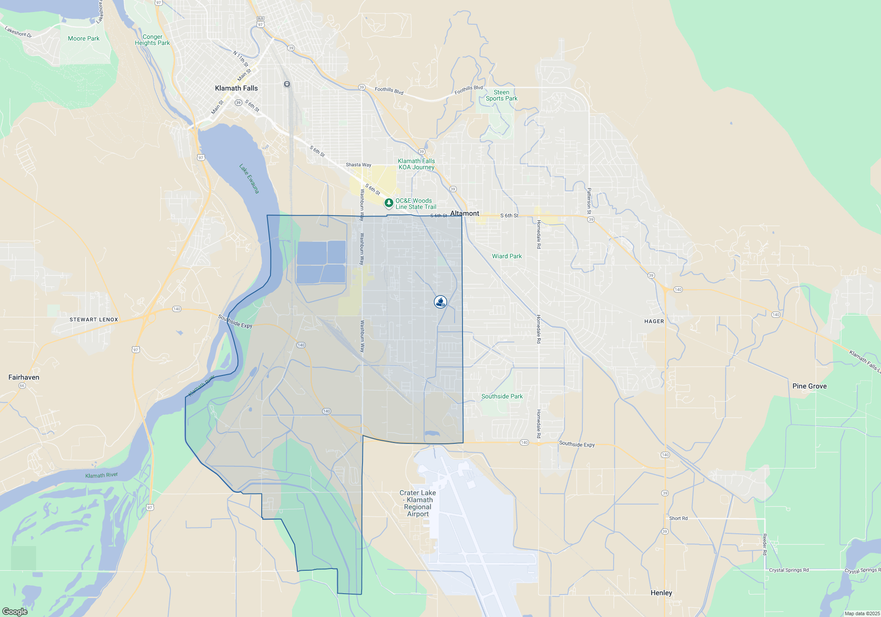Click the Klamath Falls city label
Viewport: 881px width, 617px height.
click(x=236, y=88)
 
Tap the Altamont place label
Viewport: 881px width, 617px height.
click(x=464, y=213)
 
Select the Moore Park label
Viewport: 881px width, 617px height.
click(x=84, y=38)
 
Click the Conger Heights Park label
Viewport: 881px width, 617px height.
click(x=152, y=40)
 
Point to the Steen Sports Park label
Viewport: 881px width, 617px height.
click(x=501, y=96)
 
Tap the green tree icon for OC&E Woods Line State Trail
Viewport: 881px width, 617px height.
click(x=389, y=203)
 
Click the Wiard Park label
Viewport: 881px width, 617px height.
click(x=507, y=256)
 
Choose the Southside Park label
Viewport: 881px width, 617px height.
click(x=502, y=396)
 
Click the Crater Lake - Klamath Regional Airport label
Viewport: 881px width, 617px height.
click(x=418, y=503)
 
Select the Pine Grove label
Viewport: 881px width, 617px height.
click(x=809, y=386)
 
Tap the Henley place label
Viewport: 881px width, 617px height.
click(x=661, y=593)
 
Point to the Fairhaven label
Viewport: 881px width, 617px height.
click(x=24, y=377)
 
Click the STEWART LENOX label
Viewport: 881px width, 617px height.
click(x=94, y=320)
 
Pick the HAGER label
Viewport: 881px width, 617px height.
click(x=654, y=321)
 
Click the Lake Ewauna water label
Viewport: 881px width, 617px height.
click(x=249, y=178)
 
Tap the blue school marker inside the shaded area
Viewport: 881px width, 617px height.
click(x=440, y=302)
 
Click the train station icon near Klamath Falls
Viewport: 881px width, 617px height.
click(x=287, y=84)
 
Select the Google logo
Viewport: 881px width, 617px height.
click(x=15, y=612)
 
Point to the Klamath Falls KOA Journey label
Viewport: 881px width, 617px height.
click(x=416, y=164)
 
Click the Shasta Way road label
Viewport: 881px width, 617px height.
click(x=358, y=165)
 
